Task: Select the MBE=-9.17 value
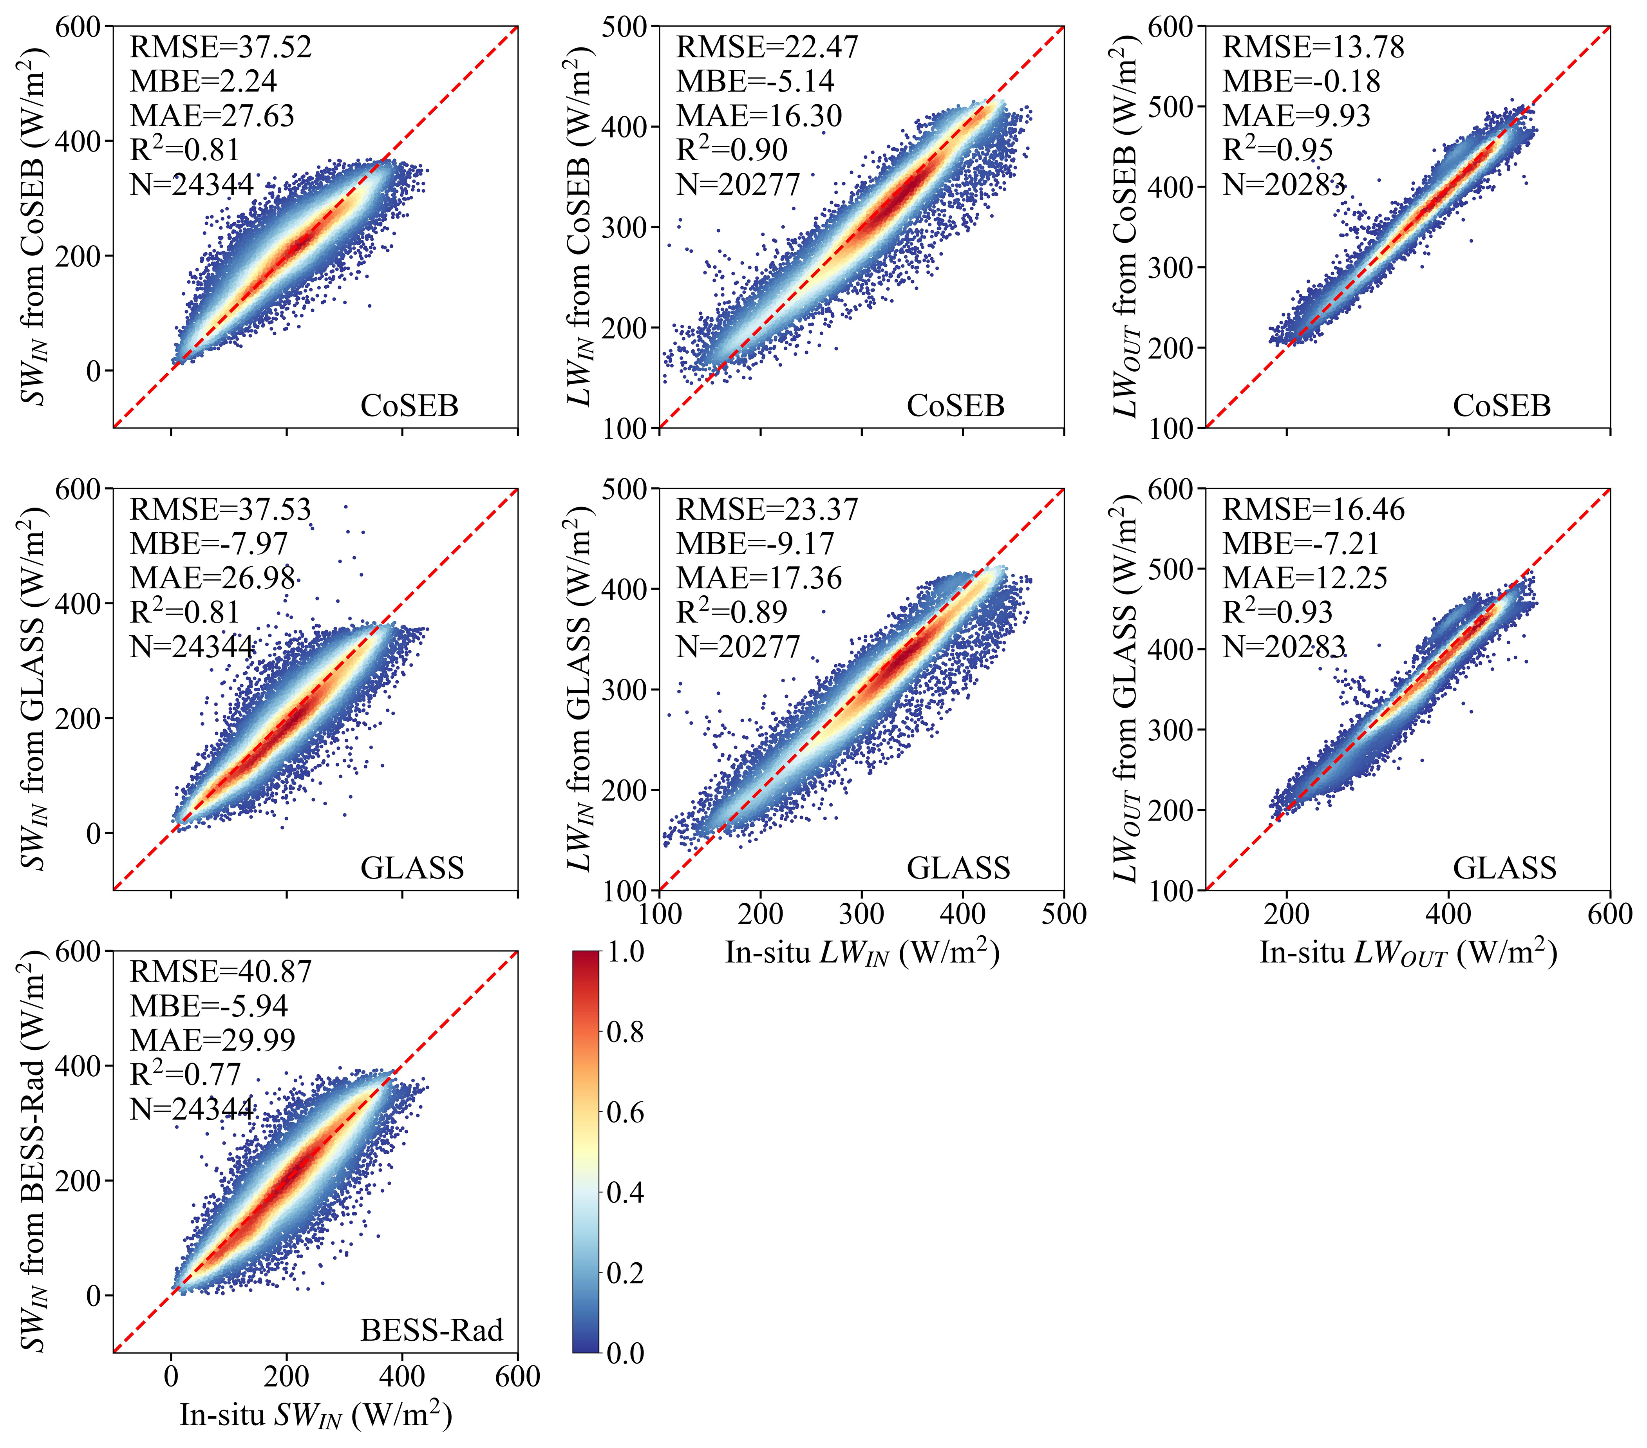coord(755,544)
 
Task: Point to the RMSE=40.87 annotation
coord(220,972)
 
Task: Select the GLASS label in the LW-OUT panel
coord(1504,868)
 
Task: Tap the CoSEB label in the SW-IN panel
coord(409,405)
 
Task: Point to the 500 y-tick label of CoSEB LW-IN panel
coord(624,27)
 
